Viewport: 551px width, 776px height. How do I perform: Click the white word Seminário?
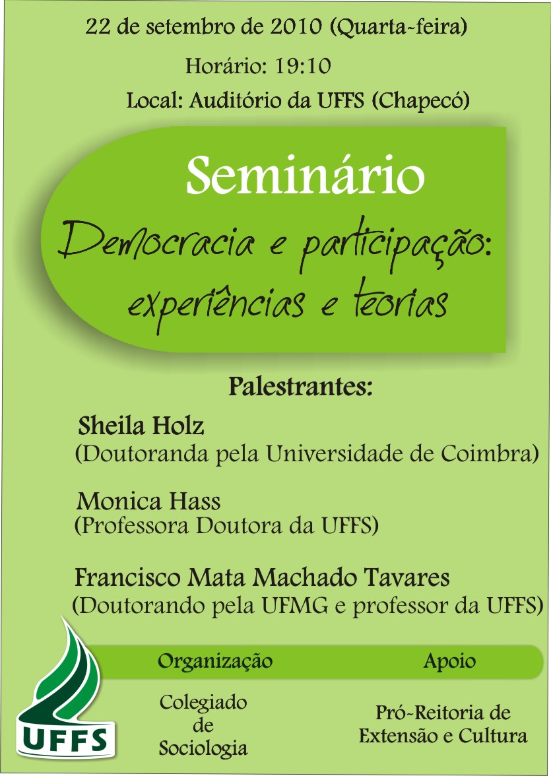tap(306, 176)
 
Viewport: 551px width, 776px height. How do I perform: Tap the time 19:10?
tap(302, 66)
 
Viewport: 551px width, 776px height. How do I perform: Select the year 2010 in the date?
tap(296, 26)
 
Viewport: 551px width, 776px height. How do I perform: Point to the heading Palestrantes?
tap(300, 387)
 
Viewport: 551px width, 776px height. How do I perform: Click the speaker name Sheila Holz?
tap(141, 426)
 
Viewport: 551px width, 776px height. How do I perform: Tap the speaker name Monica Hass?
tap(148, 501)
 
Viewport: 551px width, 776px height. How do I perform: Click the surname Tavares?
tap(407, 577)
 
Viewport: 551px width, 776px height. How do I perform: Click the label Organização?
tap(215, 661)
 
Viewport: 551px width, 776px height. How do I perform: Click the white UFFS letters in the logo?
tap(66, 739)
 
